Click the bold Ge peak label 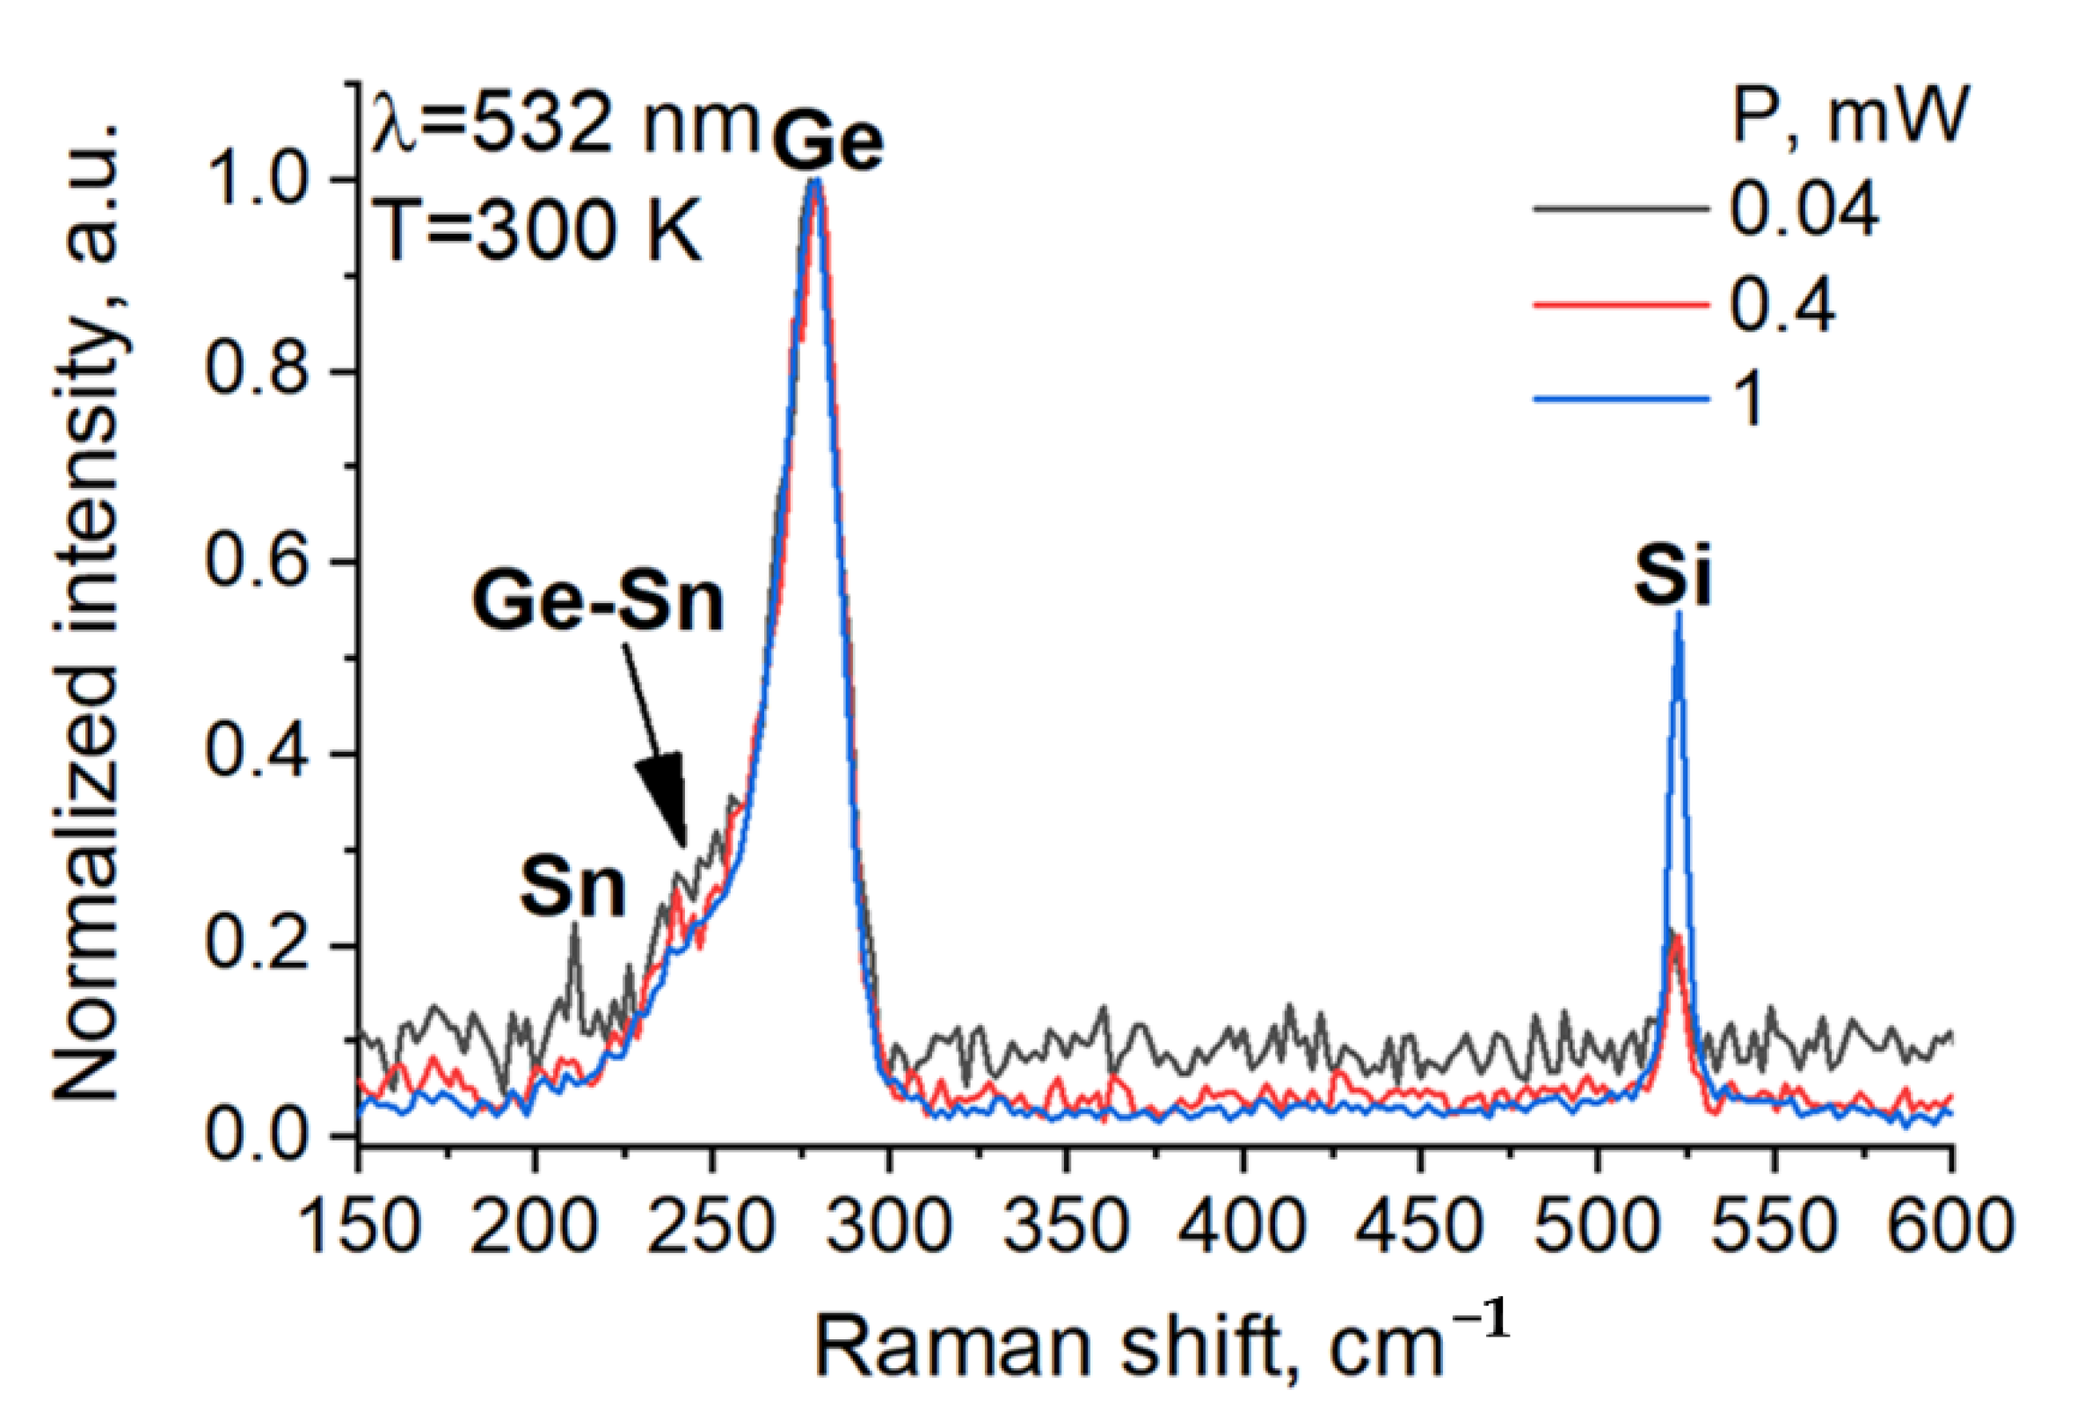point(827,143)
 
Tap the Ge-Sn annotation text point(598,602)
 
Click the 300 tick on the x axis point(887,1226)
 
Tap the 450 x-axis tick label point(1418,1226)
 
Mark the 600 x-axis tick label point(1950,1226)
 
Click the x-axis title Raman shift point(1160,1344)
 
